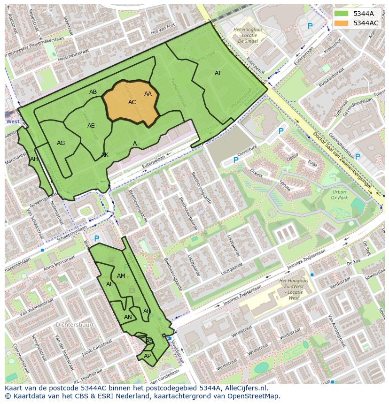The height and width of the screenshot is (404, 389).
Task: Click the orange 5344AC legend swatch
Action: click(x=342, y=23)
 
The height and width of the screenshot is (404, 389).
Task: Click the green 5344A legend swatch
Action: click(x=342, y=14)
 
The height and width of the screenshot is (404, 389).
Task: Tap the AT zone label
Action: click(x=218, y=73)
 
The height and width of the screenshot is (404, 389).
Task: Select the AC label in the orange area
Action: click(x=132, y=102)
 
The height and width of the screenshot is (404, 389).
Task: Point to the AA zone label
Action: click(x=148, y=94)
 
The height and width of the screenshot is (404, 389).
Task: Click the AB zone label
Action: click(x=93, y=92)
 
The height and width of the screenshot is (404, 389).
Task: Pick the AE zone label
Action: click(x=91, y=126)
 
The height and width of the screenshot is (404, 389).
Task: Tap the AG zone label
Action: click(x=61, y=143)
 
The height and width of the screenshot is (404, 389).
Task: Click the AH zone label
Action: click(x=34, y=159)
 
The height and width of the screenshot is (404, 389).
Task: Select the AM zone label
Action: click(x=121, y=276)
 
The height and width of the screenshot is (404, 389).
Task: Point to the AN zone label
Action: click(x=128, y=317)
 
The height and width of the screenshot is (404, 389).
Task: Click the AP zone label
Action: click(x=147, y=356)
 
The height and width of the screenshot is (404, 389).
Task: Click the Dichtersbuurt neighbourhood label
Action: click(x=75, y=324)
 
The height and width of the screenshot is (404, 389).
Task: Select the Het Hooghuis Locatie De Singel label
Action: click(x=245, y=35)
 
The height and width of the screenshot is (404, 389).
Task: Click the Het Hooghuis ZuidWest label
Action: click(x=294, y=289)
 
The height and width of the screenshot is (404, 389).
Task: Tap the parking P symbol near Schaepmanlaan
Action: click(x=96, y=239)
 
